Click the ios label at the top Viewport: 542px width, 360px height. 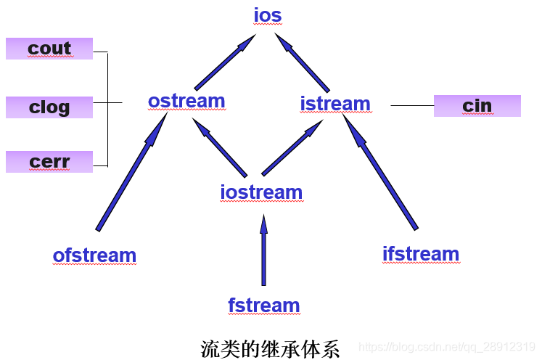point(267,15)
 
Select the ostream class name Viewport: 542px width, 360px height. point(186,101)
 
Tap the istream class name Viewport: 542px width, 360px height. point(335,104)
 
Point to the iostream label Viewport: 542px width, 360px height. point(261,192)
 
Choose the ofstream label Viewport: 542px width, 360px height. point(94,255)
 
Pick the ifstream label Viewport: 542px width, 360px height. point(421,254)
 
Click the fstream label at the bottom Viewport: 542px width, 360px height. point(263,306)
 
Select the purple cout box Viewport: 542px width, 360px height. point(49,49)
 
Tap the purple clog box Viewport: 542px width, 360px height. point(49,107)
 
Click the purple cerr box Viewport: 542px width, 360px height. point(49,162)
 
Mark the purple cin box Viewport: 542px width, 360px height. point(477,106)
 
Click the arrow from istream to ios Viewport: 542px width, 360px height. point(304,65)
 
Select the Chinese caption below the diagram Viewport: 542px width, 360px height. point(270,348)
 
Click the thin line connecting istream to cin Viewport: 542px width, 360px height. point(411,106)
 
